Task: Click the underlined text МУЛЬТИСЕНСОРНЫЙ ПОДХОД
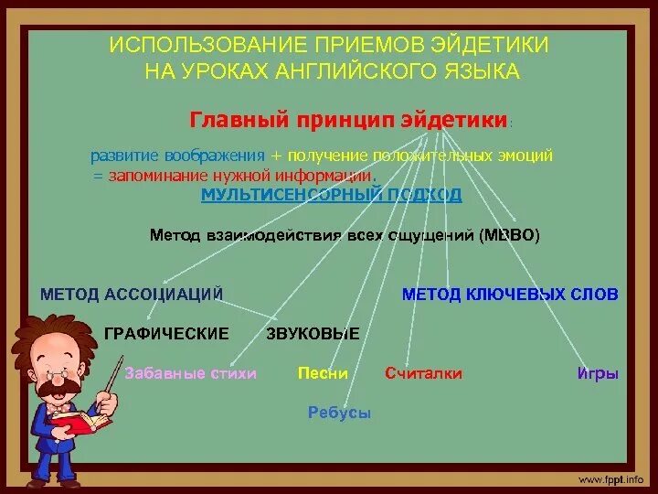click(332, 196)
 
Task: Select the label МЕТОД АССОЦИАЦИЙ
click(133, 294)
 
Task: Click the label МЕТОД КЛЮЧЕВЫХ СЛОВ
click(510, 294)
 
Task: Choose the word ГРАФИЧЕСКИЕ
click(166, 334)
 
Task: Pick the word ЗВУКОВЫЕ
click(313, 334)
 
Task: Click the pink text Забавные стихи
click(190, 373)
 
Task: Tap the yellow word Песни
click(323, 373)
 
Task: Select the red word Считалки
click(423, 373)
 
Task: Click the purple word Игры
click(599, 374)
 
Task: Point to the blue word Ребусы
click(339, 413)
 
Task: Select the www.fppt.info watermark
click(610, 479)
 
